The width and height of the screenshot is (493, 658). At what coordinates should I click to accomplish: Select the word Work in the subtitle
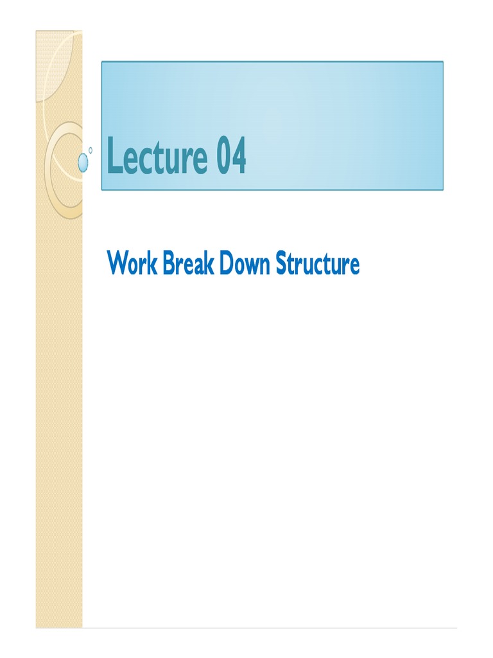[x=128, y=264]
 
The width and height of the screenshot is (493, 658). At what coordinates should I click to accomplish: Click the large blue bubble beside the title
[x=83, y=163]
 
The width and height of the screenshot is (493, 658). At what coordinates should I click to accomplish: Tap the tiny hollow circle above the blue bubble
[x=91, y=150]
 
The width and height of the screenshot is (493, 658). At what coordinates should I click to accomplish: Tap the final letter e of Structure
[x=354, y=266]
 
